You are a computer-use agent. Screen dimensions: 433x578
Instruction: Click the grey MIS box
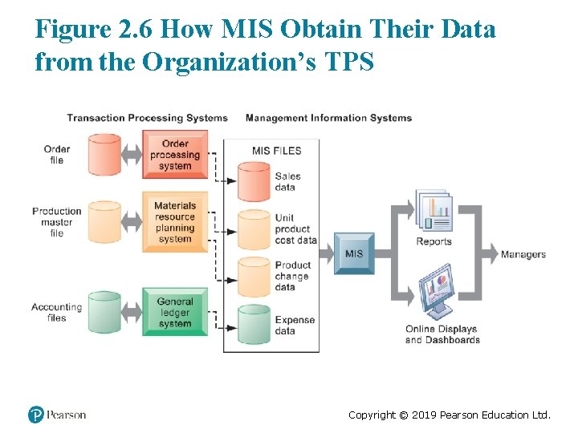(353, 253)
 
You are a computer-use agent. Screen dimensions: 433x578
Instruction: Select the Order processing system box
(175, 155)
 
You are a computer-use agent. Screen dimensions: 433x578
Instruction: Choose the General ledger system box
(175, 313)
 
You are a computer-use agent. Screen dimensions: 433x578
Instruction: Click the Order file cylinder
(104, 155)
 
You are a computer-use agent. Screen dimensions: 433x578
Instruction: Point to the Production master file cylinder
(104, 222)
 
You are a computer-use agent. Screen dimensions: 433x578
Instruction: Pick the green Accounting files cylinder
(104, 313)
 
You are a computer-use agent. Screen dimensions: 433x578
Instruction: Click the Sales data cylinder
(254, 183)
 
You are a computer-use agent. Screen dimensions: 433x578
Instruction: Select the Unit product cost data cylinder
(254, 229)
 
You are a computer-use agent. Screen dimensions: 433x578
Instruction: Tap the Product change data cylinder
(254, 277)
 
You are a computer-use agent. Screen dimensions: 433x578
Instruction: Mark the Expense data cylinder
(254, 325)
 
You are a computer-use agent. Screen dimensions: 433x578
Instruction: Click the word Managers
(523, 255)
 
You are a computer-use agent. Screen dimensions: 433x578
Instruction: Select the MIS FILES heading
(276, 151)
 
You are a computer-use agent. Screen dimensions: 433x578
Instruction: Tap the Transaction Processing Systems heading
(147, 118)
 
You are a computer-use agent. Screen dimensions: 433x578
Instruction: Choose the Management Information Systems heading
(328, 118)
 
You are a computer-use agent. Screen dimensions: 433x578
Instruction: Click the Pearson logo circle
(36, 415)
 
